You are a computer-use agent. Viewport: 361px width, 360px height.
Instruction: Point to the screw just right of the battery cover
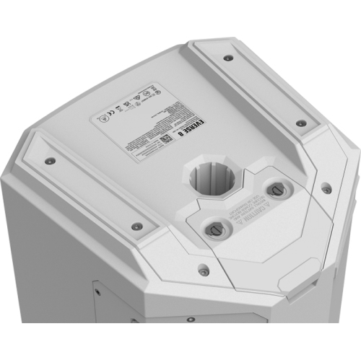click(326, 189)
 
